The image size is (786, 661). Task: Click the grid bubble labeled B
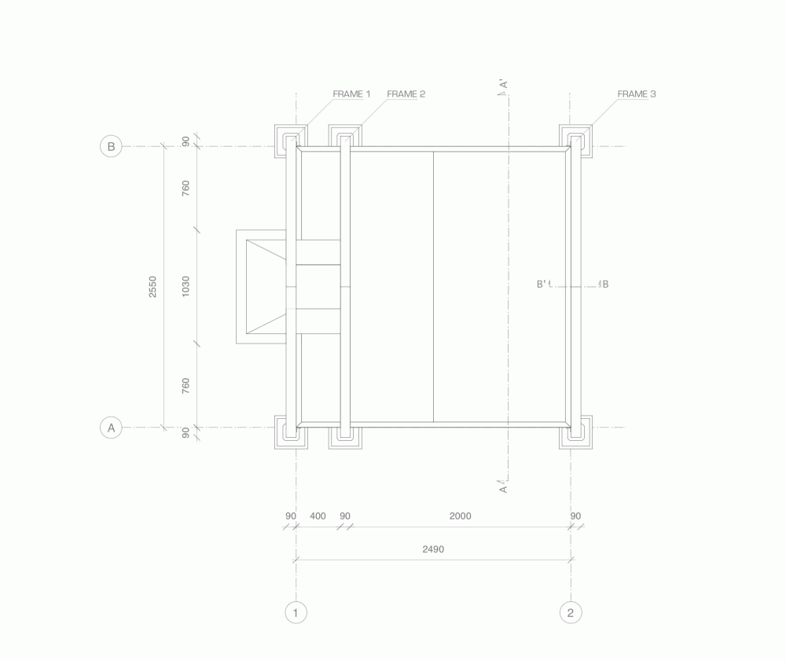point(111,146)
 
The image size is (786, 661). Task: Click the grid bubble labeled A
point(111,428)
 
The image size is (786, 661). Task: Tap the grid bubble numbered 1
point(296,612)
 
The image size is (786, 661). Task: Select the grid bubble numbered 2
point(571,612)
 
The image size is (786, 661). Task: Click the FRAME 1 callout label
point(351,94)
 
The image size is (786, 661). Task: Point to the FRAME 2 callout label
point(406,94)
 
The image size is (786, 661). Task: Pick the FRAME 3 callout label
point(637,94)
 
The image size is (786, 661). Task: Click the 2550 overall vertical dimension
point(153,287)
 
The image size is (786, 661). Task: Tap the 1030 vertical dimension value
point(185,287)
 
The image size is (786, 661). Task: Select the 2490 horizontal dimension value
point(433,549)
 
